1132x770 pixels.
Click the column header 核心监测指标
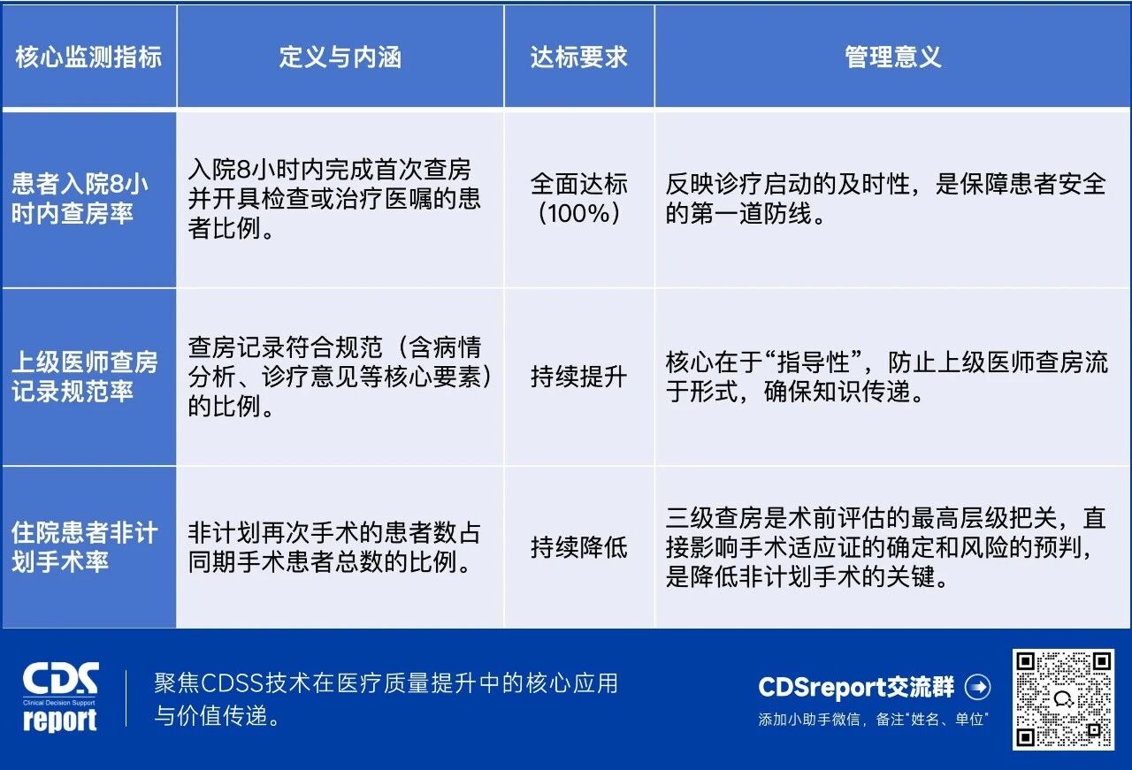[x=88, y=57]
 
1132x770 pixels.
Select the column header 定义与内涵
[x=340, y=57]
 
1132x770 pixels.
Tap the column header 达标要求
[x=579, y=57]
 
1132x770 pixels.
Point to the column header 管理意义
[x=892, y=57]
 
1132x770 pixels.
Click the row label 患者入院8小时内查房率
[x=80, y=199]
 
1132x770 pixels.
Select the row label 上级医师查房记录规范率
[x=85, y=377]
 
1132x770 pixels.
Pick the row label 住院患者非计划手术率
[x=85, y=546]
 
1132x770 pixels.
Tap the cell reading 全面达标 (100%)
[x=579, y=199]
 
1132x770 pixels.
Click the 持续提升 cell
[x=579, y=377]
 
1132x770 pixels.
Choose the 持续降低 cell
[x=579, y=547]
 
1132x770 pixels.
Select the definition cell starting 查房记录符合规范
[x=340, y=377]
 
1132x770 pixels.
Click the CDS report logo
[x=60, y=698]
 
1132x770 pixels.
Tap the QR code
[x=1062, y=698]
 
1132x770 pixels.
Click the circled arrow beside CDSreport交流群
[x=978, y=687]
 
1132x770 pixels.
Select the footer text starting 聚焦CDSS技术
[x=386, y=698]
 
